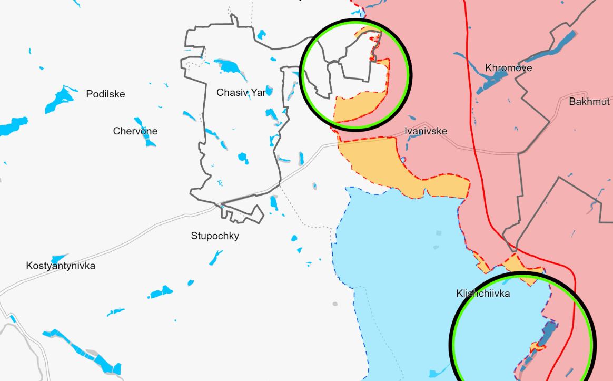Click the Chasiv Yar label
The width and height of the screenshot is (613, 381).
click(x=241, y=92)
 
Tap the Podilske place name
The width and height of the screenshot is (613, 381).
click(x=105, y=94)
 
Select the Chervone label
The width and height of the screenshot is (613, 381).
click(x=135, y=131)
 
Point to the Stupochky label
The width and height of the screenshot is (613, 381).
click(x=215, y=236)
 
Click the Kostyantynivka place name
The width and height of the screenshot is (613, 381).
click(x=61, y=266)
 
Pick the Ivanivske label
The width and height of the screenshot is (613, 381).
click(x=426, y=131)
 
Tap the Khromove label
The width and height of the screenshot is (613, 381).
click(x=508, y=68)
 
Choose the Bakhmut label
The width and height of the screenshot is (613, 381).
click(x=589, y=102)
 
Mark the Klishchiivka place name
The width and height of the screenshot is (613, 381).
click(x=483, y=294)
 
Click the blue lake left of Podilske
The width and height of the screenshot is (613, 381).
click(x=59, y=100)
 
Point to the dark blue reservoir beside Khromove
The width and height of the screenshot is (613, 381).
click(x=492, y=82)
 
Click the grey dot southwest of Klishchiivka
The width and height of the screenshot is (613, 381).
click(x=335, y=304)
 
